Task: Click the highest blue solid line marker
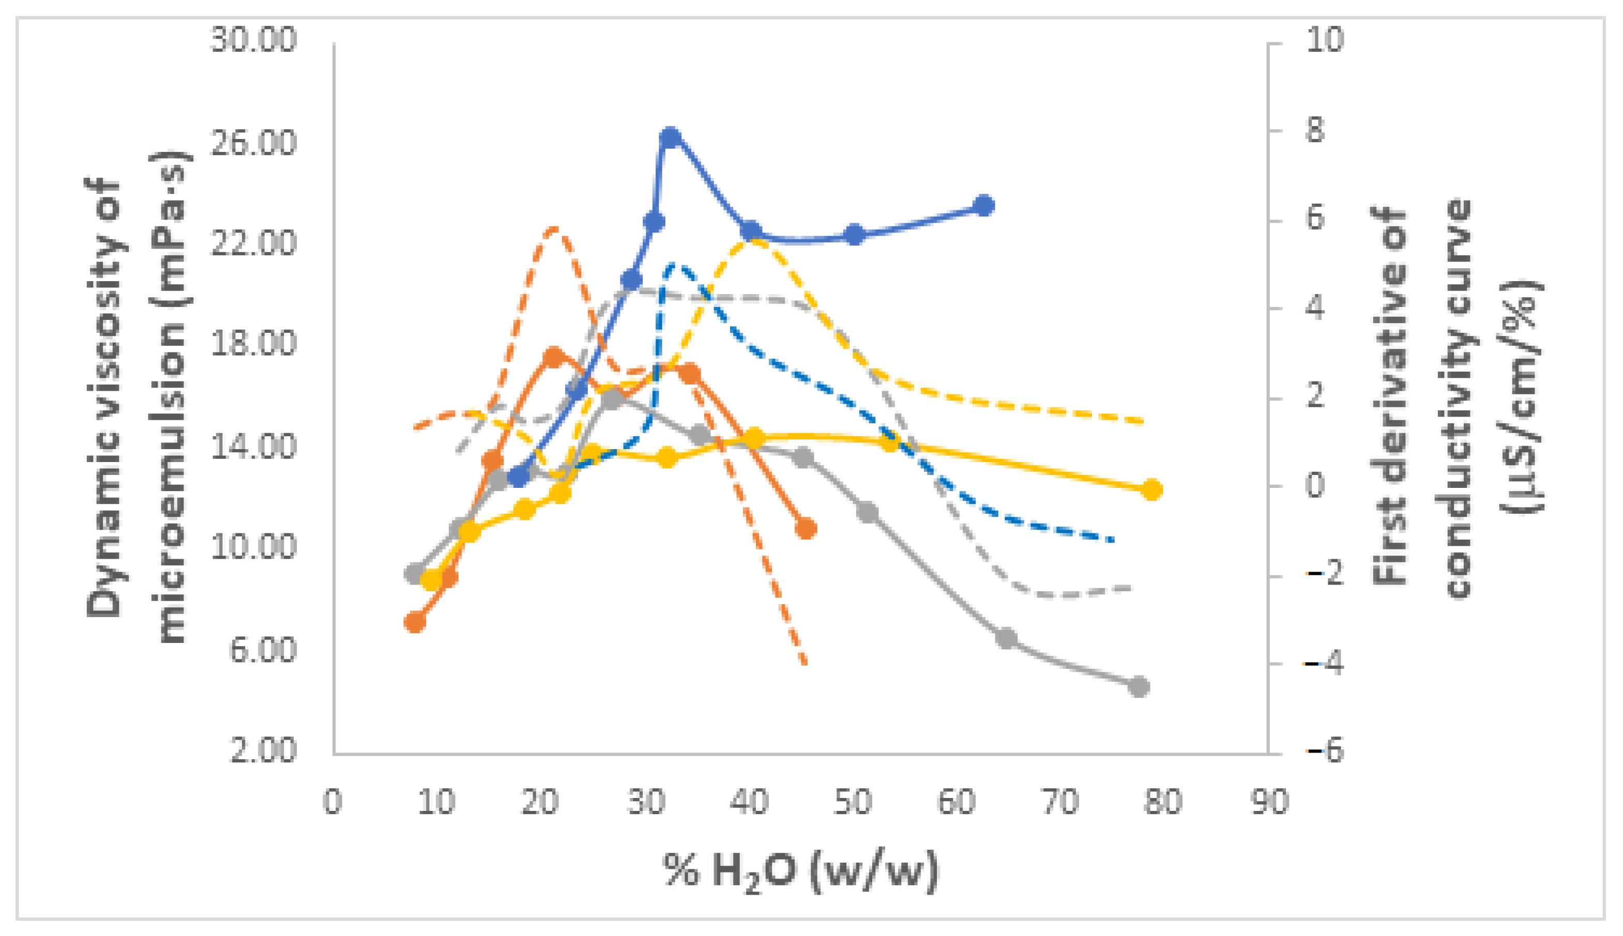point(670,137)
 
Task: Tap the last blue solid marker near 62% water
point(984,206)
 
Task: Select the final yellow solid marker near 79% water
point(1151,490)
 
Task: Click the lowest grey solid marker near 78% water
point(1138,686)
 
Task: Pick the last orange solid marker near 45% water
point(805,528)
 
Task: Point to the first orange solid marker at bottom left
point(415,622)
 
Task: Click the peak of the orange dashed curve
point(554,229)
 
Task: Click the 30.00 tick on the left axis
point(254,40)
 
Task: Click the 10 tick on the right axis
point(1323,40)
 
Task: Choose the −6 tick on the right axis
point(1323,751)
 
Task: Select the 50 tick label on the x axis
point(853,802)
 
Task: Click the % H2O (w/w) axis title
point(800,872)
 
